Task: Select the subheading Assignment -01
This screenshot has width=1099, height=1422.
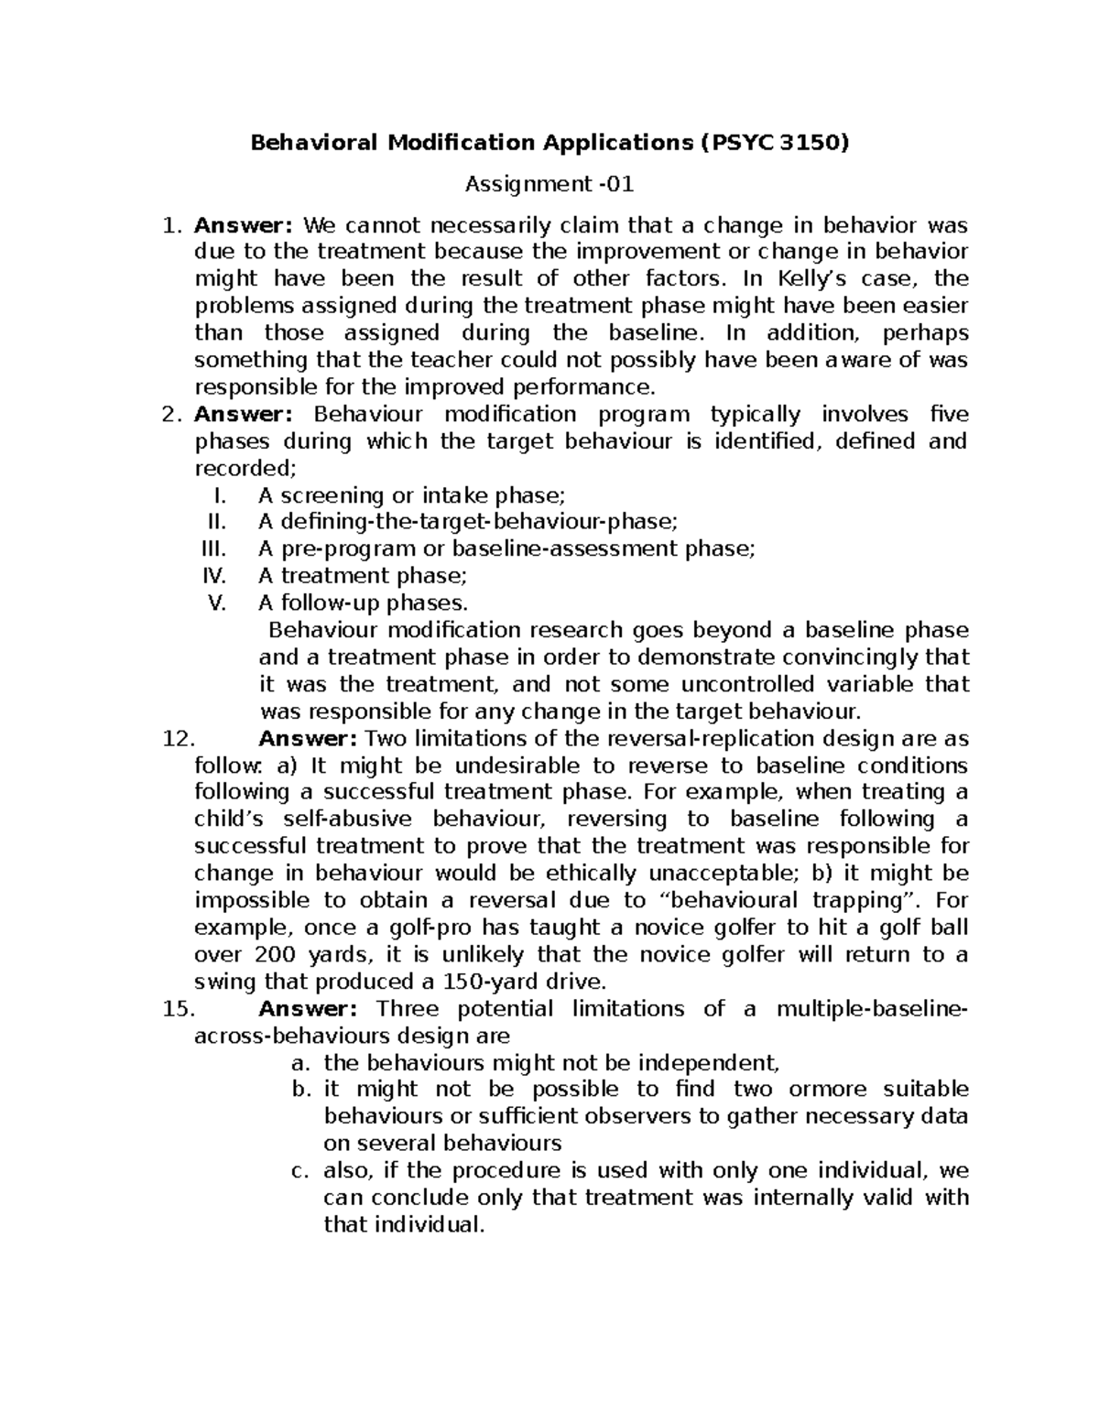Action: pyautogui.click(x=549, y=184)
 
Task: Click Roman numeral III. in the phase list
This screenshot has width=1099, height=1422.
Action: pyautogui.click(x=213, y=549)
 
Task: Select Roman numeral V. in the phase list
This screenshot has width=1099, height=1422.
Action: pyautogui.click(x=217, y=603)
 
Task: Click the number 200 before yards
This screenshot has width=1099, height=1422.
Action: pyautogui.click(x=276, y=955)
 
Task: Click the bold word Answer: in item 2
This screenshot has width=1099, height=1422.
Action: pyautogui.click(x=243, y=415)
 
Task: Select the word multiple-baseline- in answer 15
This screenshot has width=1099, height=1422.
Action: pyautogui.click(x=871, y=1009)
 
